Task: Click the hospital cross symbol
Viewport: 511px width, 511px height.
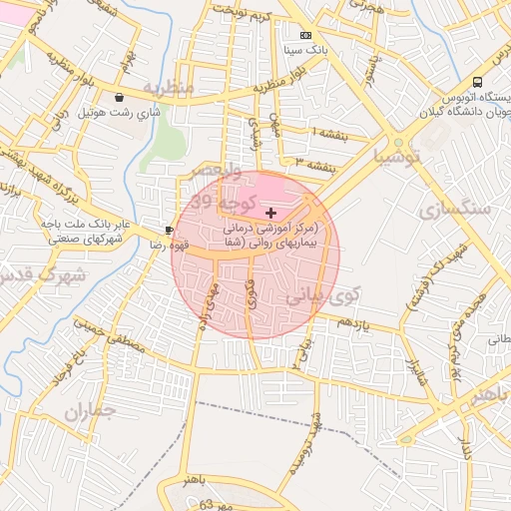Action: tap(271, 213)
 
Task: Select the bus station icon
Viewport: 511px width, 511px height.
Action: tap(478, 82)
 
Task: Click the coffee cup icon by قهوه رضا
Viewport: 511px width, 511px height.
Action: tap(168, 229)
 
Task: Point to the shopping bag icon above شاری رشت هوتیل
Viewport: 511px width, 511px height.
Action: tap(121, 97)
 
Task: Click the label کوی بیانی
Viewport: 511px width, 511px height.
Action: tap(320, 295)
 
